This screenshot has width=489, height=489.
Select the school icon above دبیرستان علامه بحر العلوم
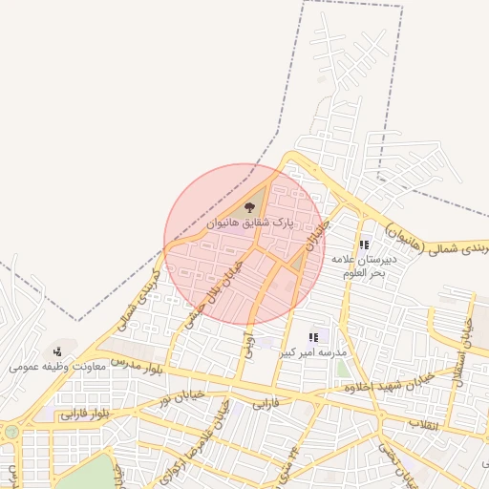(363, 244)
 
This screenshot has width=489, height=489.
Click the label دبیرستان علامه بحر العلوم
(358, 266)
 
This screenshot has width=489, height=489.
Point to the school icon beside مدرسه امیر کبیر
(313, 337)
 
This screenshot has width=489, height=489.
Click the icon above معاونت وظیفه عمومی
(57, 351)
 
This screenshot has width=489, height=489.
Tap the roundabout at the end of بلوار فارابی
(11, 432)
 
